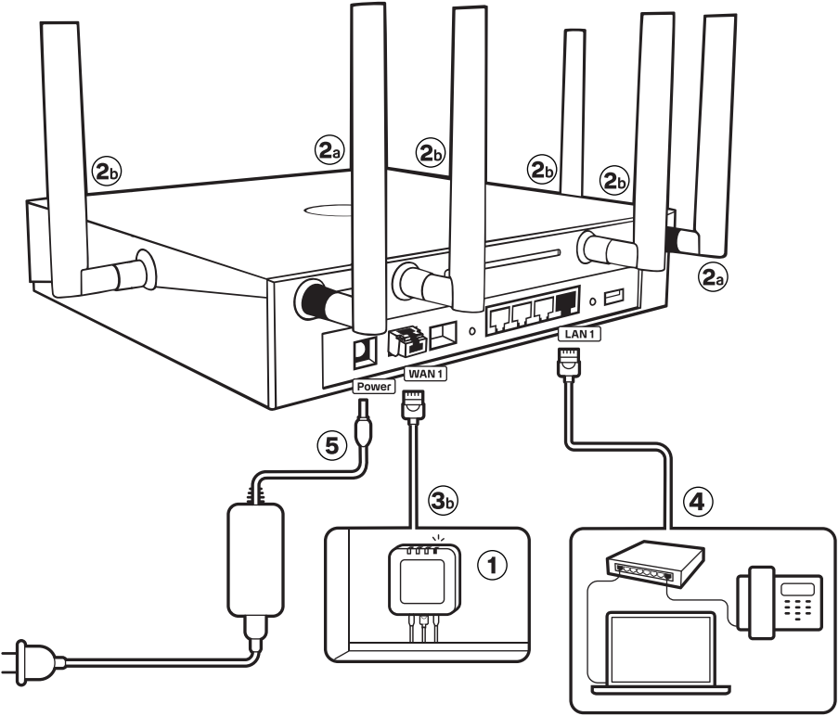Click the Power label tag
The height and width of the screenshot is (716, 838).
pos(374,387)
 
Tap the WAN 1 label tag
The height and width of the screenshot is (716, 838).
pos(425,374)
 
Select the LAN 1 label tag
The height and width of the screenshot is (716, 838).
pos(579,334)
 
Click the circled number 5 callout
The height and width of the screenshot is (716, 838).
pos(332,445)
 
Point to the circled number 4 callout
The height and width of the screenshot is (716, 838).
pos(699,503)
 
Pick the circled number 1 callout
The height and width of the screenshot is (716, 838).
pos(492,565)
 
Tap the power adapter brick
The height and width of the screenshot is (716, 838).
pos(255,559)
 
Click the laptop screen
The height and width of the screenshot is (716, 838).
pos(660,649)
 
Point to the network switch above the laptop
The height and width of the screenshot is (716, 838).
pos(653,563)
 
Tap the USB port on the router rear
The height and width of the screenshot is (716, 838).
pos(614,297)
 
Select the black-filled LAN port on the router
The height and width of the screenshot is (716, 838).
pos(567,302)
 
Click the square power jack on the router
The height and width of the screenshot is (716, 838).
pos(365,352)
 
